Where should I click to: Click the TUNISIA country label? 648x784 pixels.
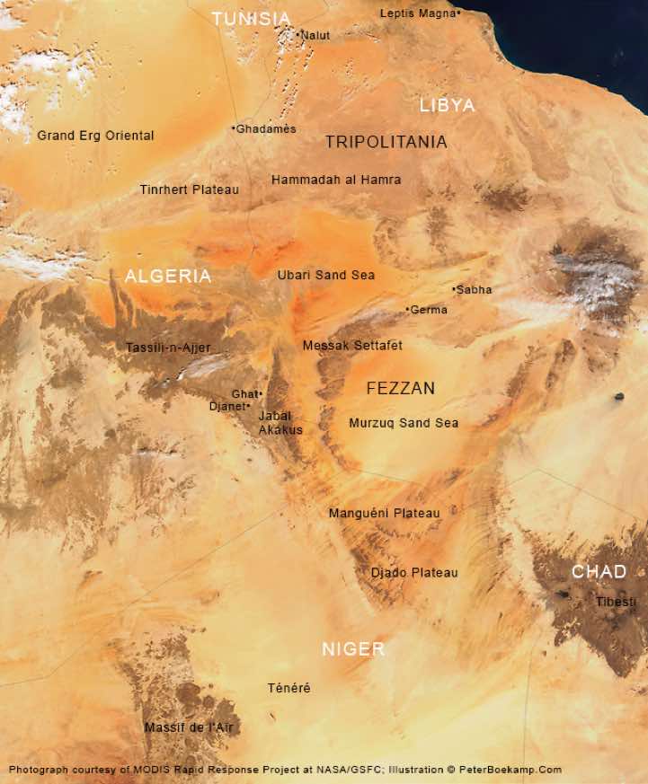(252, 19)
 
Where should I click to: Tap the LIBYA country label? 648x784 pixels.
(447, 105)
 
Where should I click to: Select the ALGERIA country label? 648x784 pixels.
(168, 276)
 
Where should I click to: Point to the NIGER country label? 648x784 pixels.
(353, 648)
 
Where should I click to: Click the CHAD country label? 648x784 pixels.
(599, 571)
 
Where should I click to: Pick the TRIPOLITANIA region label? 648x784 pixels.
(386, 142)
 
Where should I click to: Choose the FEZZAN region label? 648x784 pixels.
(401, 388)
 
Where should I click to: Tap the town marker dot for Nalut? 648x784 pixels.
(298, 35)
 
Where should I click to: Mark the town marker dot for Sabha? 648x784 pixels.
(454, 289)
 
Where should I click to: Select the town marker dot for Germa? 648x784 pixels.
(408, 310)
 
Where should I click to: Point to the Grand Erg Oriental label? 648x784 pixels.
(95, 136)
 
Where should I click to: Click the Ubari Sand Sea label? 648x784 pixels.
(326, 275)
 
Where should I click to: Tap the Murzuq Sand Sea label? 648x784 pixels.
(404, 423)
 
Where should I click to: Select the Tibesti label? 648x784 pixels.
(616, 602)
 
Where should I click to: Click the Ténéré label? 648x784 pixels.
(288, 688)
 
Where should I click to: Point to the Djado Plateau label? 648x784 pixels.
(414, 572)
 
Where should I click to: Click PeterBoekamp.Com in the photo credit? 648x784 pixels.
(510, 770)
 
